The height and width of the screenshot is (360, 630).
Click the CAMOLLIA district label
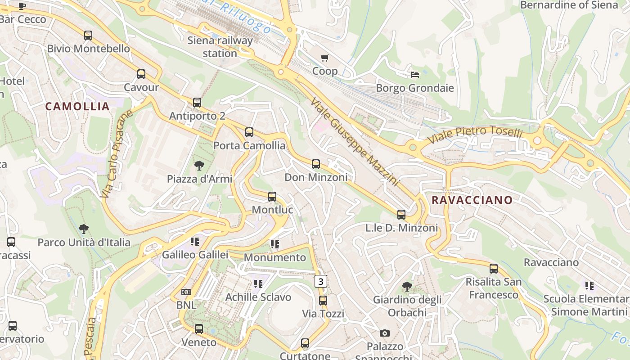pyautogui.click(x=77, y=107)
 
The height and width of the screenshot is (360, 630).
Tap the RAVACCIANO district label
pyautogui.click(x=472, y=200)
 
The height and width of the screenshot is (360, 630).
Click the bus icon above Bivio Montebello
pyautogui.click(x=88, y=36)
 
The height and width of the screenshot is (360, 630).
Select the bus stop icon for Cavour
pyautogui.click(x=141, y=74)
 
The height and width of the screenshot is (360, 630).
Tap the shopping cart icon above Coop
pyautogui.click(x=325, y=58)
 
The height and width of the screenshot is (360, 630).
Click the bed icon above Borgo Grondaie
pyautogui.click(x=415, y=74)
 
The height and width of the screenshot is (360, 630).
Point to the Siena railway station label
pyautogui.click(x=220, y=47)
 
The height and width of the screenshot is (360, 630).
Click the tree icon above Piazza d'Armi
pyautogui.click(x=199, y=166)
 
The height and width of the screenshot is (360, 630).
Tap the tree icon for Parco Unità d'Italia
pyautogui.click(x=84, y=229)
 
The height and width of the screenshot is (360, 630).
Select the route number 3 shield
pyautogui.click(x=320, y=282)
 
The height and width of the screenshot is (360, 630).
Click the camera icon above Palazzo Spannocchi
pyautogui.click(x=384, y=333)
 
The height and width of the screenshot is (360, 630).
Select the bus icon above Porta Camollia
pyautogui.click(x=249, y=132)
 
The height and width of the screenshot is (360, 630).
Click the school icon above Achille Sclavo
pyautogui.click(x=258, y=284)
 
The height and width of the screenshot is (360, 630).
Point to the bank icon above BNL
pyautogui.click(x=186, y=292)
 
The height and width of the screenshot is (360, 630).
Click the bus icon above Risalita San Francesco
pyautogui.click(x=494, y=269)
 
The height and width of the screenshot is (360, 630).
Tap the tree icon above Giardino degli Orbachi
pyautogui.click(x=407, y=286)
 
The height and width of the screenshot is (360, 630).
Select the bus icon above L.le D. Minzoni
pyautogui.click(x=401, y=215)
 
